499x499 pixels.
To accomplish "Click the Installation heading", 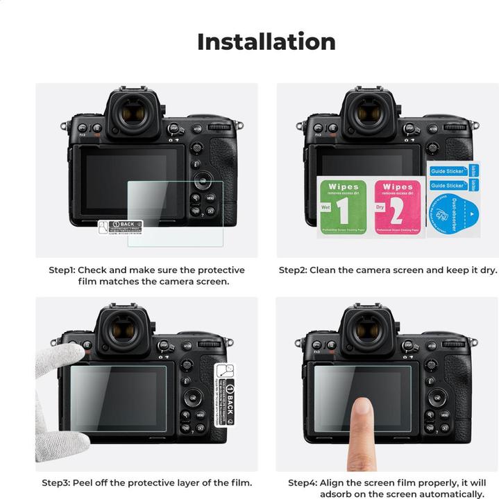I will (x=266, y=42).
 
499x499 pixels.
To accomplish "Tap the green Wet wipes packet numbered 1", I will (x=342, y=207).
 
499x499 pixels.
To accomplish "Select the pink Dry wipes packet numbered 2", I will (x=398, y=207).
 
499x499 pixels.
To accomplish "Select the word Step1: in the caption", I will (x=62, y=270).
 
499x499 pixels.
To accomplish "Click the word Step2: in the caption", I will (x=294, y=270).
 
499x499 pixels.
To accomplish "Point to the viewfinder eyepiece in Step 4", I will (x=368, y=330).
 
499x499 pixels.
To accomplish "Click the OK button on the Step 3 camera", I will (x=192, y=397).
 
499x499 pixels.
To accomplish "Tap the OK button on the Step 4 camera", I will (x=437, y=397).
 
